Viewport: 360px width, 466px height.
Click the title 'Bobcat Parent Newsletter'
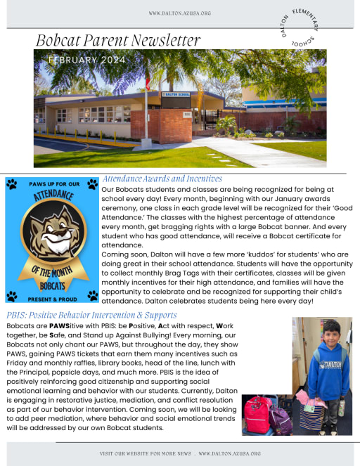pos(118,41)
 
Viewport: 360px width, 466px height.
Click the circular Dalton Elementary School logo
pos(300,30)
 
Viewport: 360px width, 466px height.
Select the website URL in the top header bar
pos(179,13)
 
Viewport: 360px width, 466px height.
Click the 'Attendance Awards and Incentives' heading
pos(162,179)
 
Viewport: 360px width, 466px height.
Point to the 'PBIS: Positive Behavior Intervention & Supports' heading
pos(91,315)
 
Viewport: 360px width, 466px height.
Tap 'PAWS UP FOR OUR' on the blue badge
pos(51,184)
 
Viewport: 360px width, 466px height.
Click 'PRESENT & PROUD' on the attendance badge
pos(52,297)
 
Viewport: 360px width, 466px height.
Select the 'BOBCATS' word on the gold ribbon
pos(53,285)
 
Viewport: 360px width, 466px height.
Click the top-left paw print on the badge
pos(12,184)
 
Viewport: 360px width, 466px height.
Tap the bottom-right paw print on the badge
pos(92,296)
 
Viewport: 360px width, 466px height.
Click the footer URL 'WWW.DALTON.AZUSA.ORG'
pos(229,453)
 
